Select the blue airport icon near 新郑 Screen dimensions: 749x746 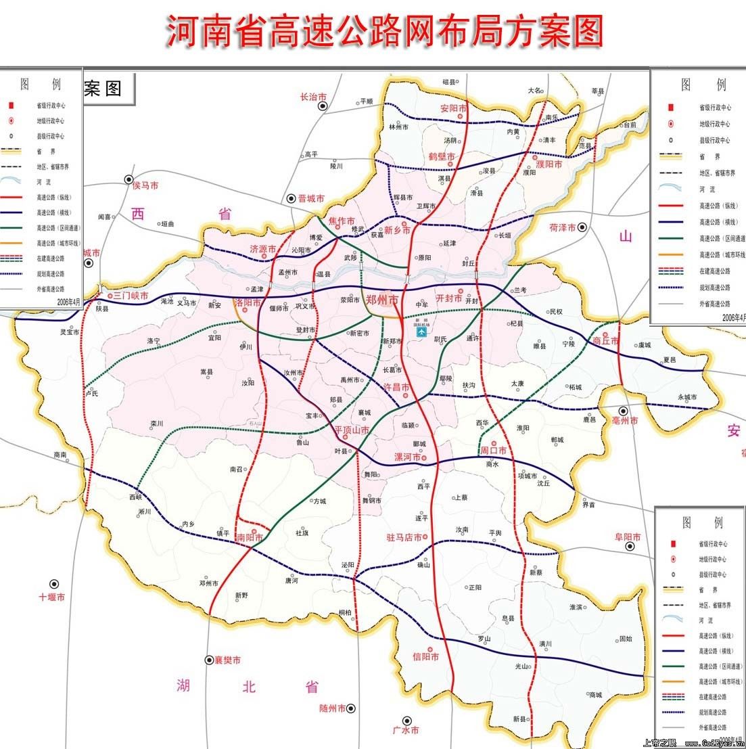422,333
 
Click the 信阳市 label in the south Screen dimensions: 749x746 425,656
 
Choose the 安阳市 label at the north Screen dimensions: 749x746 453,108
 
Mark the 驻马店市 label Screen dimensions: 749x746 404,537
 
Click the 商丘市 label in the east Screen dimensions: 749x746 605,341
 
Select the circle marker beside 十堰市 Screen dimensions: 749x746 53,583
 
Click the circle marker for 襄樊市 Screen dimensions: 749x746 209,660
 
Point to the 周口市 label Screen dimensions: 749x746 493,451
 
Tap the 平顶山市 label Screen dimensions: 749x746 352,430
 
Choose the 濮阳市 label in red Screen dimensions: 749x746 549,164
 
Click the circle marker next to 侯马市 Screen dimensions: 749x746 129,179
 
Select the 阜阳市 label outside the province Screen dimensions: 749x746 627,537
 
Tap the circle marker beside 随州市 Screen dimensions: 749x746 351,708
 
